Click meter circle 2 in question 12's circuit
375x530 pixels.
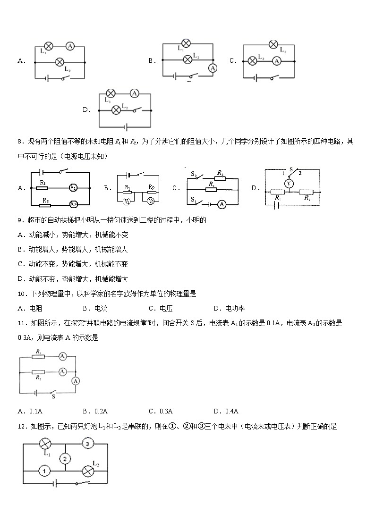point(65,458)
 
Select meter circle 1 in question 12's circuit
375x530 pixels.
point(44,471)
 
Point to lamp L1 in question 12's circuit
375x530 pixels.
point(45,444)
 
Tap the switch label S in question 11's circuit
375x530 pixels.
point(53,397)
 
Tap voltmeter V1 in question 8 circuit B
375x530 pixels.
point(127,201)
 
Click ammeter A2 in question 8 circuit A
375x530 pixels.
point(73,204)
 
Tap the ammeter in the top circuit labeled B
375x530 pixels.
point(213,68)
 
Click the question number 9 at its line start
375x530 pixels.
point(20,220)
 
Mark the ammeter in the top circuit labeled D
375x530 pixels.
point(134,93)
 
